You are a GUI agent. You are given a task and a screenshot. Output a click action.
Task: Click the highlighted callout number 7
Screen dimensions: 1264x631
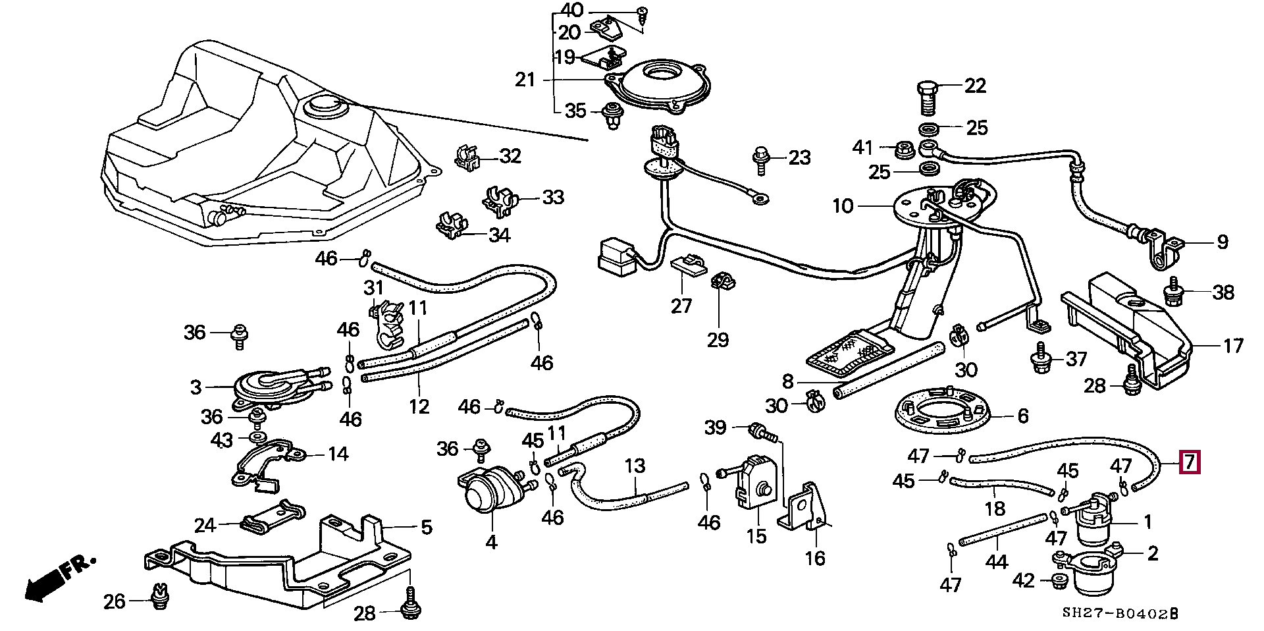pos(1190,463)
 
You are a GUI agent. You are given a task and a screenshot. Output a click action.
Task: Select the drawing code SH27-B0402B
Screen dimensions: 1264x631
pos(1120,614)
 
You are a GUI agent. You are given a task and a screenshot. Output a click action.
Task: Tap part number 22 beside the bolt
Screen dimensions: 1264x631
pos(975,86)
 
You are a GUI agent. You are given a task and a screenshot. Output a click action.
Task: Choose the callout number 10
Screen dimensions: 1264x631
pos(843,206)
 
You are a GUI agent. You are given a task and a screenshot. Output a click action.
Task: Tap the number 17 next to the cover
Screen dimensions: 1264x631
pos(1232,345)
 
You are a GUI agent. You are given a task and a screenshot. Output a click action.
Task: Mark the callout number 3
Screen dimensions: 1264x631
pos(196,387)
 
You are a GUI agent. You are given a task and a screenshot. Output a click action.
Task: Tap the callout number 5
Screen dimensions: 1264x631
pos(426,527)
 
